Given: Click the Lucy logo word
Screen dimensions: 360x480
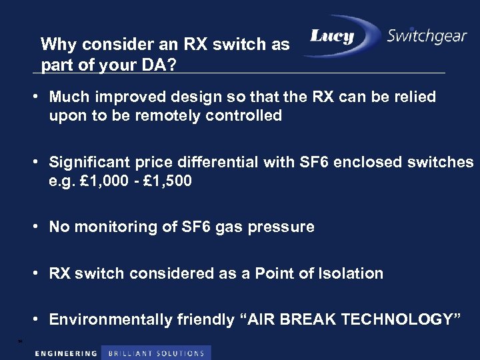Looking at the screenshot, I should pyautogui.click(x=332, y=37).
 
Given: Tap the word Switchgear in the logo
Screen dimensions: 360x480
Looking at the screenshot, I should pyautogui.click(x=427, y=36).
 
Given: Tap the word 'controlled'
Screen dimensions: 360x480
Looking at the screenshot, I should pyautogui.click(x=245, y=115).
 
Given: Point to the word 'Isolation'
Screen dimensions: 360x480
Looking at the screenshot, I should pyautogui.click(x=350, y=273).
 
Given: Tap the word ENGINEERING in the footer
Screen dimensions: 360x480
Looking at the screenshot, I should pyautogui.click(x=66, y=353).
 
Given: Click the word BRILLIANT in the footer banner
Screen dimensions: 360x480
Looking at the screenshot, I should pyautogui.click(x=131, y=353).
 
